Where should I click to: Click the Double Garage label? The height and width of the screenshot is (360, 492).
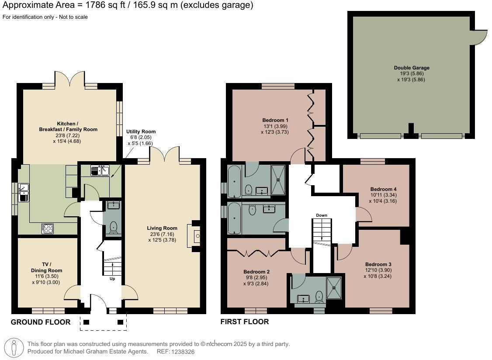[411, 68]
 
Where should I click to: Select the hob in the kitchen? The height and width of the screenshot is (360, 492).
[48, 228]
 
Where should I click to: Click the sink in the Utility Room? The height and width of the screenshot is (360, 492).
[100, 170]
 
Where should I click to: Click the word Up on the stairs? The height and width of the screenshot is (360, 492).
[112, 278]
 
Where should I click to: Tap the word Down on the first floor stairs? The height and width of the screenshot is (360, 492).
[322, 215]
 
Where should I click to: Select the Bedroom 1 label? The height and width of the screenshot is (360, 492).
[275, 120]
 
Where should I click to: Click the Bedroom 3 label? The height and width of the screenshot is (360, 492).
[378, 264]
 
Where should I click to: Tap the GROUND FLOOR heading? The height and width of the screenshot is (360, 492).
[40, 322]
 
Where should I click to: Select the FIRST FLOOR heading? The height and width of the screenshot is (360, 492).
[245, 322]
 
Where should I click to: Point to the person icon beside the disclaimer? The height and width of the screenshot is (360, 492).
[14, 347]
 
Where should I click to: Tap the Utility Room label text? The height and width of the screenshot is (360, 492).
[141, 132]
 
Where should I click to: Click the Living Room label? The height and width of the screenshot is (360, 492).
[162, 228]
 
